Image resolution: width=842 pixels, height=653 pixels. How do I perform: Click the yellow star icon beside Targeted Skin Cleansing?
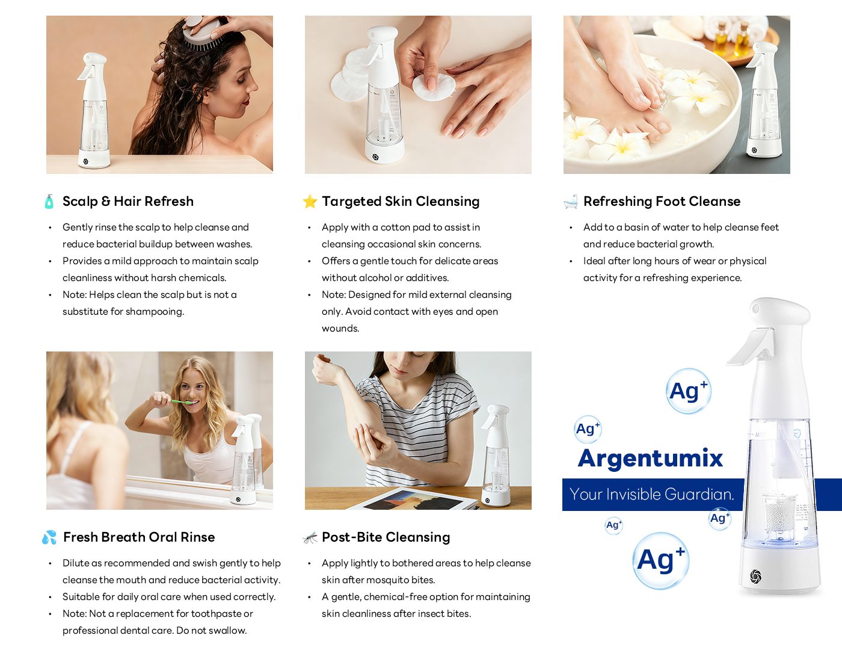(x=310, y=202)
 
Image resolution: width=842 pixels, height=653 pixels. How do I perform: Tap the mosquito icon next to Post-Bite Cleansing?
(x=310, y=537)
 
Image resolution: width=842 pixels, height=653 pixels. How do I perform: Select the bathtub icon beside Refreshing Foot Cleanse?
(x=571, y=202)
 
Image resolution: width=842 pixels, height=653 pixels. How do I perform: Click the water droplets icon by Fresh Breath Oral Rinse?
(x=49, y=537)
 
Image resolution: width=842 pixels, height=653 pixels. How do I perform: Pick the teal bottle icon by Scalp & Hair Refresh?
(x=49, y=202)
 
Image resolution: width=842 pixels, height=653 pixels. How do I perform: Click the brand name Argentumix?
(x=650, y=459)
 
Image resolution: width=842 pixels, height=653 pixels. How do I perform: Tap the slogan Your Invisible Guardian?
(x=652, y=494)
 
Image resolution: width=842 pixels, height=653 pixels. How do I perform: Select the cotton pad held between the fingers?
(x=433, y=87)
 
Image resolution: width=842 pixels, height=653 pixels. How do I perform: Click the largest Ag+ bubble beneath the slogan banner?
(x=661, y=561)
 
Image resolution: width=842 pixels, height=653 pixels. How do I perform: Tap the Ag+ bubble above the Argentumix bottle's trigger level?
(x=689, y=391)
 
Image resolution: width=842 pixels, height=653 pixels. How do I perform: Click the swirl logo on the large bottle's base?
(x=755, y=576)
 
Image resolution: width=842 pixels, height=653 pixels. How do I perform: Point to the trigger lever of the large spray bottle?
(x=750, y=346)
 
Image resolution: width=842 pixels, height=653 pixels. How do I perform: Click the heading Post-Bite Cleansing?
(x=386, y=537)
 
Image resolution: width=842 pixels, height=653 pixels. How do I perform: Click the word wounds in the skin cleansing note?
(x=340, y=329)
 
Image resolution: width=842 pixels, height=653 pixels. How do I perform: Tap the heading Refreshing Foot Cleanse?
(x=662, y=202)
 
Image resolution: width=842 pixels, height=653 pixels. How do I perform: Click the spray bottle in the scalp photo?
(x=93, y=111)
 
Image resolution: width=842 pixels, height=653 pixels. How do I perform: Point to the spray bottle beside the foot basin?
(x=763, y=100)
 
